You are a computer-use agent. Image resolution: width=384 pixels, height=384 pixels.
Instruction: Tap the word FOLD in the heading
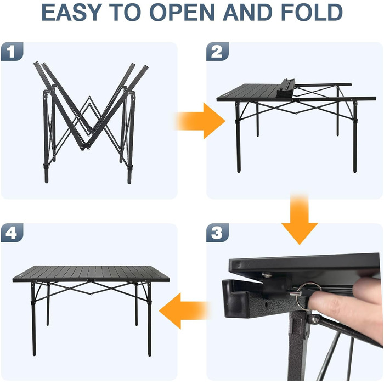312,13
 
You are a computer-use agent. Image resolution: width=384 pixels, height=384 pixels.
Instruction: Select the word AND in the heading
247,13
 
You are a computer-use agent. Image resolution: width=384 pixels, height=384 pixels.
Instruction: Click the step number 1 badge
12,51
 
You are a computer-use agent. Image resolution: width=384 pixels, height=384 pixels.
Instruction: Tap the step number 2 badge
217,51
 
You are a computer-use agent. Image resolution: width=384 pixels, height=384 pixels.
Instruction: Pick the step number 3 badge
217,233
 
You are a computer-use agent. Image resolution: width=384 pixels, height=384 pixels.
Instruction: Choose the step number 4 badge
12,233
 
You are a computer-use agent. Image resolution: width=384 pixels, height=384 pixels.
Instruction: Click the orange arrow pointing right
200,121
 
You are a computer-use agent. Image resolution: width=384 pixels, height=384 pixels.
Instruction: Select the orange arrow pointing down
300,219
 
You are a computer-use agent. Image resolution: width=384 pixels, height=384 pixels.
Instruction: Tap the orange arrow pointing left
184,311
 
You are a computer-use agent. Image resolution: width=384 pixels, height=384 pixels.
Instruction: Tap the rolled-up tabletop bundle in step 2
286,89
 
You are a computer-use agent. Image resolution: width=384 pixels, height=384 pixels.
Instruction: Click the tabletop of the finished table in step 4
91,273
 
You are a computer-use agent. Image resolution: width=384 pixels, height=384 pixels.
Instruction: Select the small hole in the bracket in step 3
266,304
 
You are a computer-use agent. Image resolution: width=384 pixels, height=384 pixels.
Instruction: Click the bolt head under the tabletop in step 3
267,275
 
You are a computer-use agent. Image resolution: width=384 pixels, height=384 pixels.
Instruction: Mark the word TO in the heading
125,13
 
